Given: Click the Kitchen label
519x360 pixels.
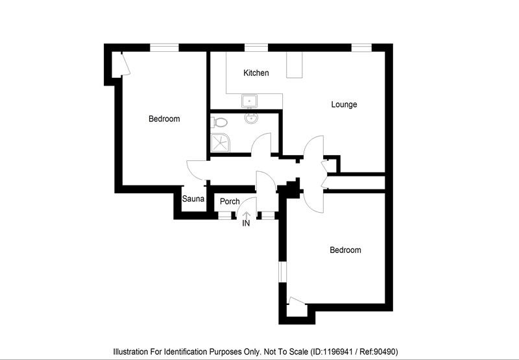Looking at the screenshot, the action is [256, 73].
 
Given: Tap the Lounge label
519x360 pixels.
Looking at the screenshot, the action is [344, 104].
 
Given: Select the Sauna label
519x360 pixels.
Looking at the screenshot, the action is [193, 199].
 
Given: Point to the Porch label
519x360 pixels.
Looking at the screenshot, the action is [230, 202].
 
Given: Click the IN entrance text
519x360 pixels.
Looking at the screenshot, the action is [246, 224].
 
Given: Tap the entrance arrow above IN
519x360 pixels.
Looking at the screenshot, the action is [247, 215].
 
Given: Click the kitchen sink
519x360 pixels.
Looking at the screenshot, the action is [249, 101].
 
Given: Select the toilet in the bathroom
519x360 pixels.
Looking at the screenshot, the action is [219, 123].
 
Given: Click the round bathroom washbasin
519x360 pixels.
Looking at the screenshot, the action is [251, 118].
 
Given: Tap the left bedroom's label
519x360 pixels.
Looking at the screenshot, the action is [164, 119].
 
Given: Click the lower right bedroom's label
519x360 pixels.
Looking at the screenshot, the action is [345, 250].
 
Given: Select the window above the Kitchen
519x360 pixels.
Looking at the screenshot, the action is [256, 47].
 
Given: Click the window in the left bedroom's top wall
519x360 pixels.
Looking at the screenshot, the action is [164, 47].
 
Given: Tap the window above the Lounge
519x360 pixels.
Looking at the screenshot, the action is [361, 47].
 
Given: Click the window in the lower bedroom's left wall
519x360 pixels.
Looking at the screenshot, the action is [282, 272].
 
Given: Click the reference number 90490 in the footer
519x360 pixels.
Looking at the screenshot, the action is [386, 352].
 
